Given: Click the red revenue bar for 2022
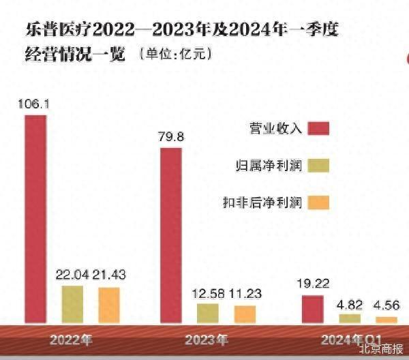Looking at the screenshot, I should (35, 218).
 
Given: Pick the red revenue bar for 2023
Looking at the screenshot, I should (171, 235).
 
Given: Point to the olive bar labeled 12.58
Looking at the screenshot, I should (208, 313).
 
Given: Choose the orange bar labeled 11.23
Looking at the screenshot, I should (245, 314).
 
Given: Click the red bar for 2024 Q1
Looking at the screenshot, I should (313, 309).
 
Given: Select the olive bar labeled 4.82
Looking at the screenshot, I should (350, 318).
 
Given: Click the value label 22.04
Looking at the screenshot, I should (72, 275).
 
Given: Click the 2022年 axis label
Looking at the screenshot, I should (71, 339).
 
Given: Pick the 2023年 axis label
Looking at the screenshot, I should (207, 339).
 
